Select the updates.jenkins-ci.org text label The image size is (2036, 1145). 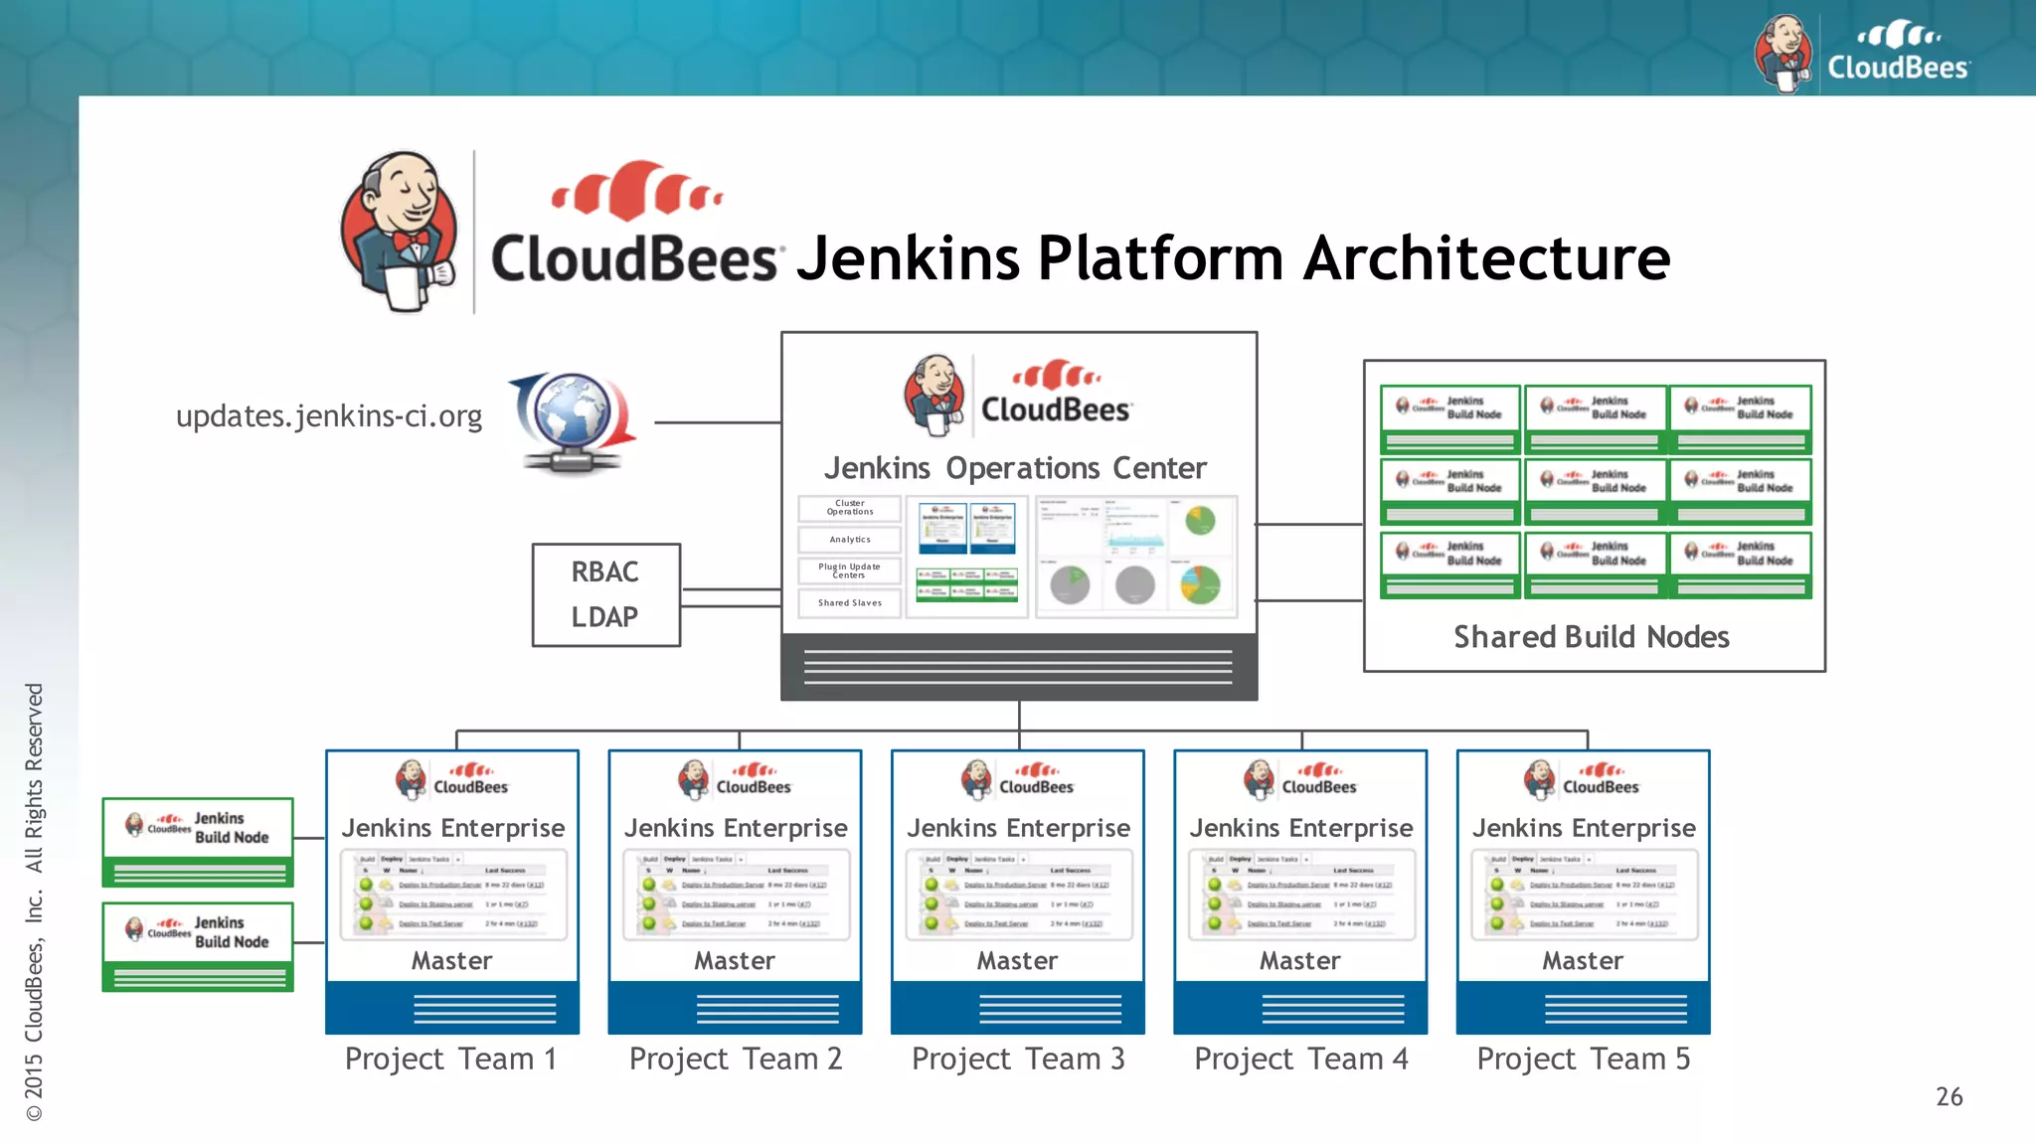pyautogui.click(x=329, y=415)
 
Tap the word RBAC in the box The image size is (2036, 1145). pyautogui.click(x=604, y=572)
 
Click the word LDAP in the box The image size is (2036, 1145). pyautogui.click(x=604, y=617)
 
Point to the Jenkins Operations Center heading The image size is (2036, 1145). pyautogui.click(x=1015, y=468)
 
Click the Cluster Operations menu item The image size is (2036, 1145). pyautogui.click(x=850, y=508)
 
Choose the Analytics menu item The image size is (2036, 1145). pyautogui.click(x=850, y=540)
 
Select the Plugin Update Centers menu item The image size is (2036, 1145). pyautogui.click(x=850, y=571)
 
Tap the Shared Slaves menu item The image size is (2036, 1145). pyautogui.click(x=850, y=603)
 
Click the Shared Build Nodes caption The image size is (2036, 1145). pyautogui.click(x=1592, y=637)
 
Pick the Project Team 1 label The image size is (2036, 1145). pyautogui.click(x=450, y=1059)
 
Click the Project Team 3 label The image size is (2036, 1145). pyautogui.click(x=1018, y=1059)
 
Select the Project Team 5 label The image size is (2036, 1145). pyautogui.click(x=1583, y=1059)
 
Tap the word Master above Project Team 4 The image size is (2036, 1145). pyautogui.click(x=1299, y=961)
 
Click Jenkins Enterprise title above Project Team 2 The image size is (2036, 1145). pyautogui.click(x=736, y=828)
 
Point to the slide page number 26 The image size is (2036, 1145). pyautogui.click(x=1949, y=1097)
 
